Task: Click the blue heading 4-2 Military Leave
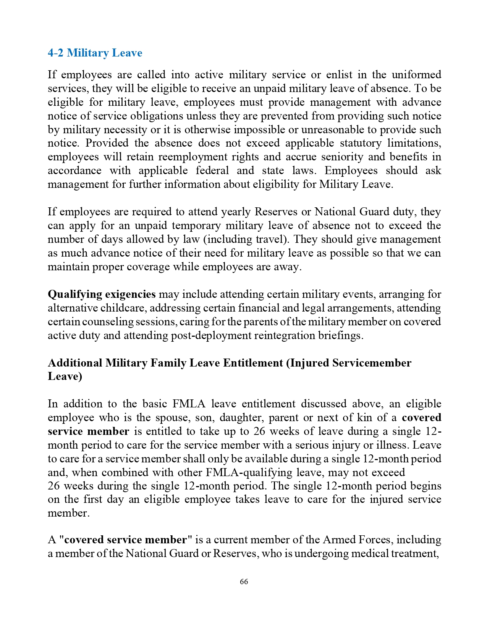coord(95,53)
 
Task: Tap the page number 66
coord(244,582)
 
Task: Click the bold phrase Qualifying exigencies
coord(102,294)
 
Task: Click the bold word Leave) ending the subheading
coord(65,376)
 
